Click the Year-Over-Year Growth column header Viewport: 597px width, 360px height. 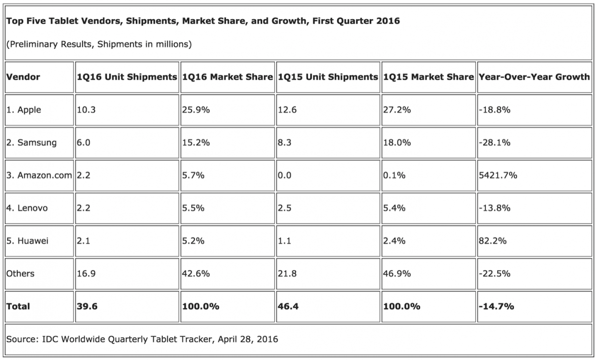click(534, 77)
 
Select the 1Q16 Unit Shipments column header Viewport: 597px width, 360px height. click(127, 77)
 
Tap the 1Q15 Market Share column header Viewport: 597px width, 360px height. click(428, 77)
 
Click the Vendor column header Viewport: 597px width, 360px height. click(23, 77)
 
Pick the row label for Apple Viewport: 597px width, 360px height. click(24, 110)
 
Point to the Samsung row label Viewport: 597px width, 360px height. click(31, 143)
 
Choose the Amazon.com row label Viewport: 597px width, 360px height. click(39, 176)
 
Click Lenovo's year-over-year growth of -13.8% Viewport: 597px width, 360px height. click(495, 208)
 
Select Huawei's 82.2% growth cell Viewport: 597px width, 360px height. click(493, 241)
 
